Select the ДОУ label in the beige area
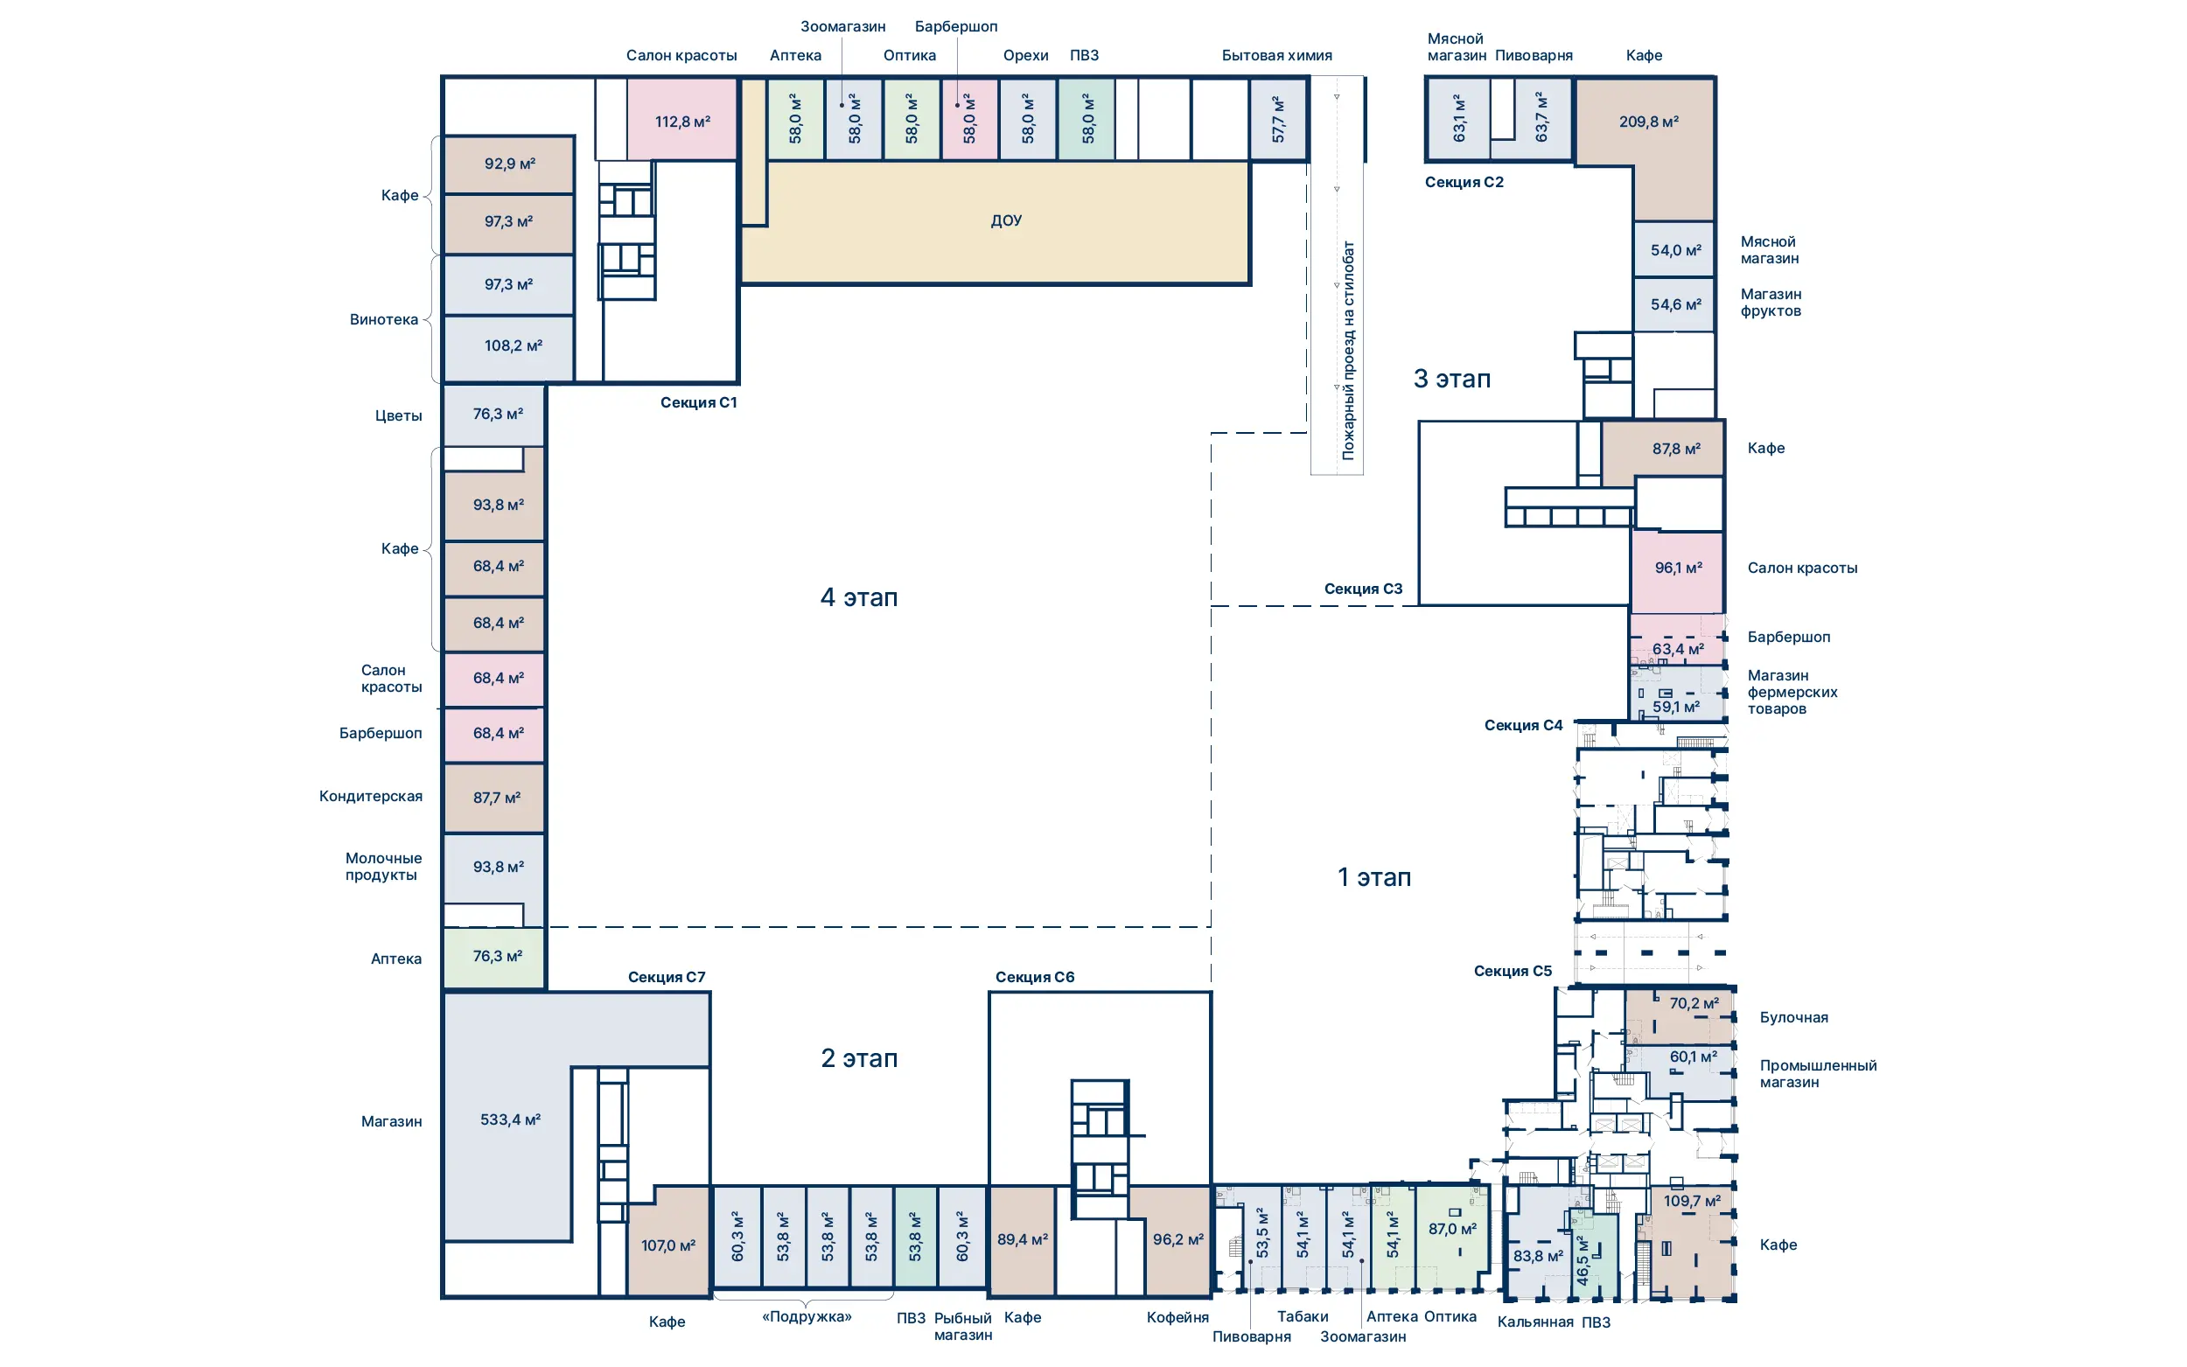click(x=1005, y=220)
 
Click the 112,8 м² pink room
click(x=682, y=120)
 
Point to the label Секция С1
click(x=698, y=402)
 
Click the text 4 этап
click(x=858, y=596)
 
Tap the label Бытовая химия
click(x=1276, y=55)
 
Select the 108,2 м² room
click(x=508, y=347)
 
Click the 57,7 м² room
click(x=1278, y=119)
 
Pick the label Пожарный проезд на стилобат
click(x=1348, y=350)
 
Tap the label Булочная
click(x=1792, y=1017)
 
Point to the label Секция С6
click(x=1034, y=976)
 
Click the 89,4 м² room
click(x=1022, y=1240)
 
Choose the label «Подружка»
click(x=807, y=1316)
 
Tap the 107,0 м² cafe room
click(x=669, y=1244)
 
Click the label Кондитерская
click(x=371, y=796)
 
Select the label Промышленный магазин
click(x=1817, y=1073)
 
